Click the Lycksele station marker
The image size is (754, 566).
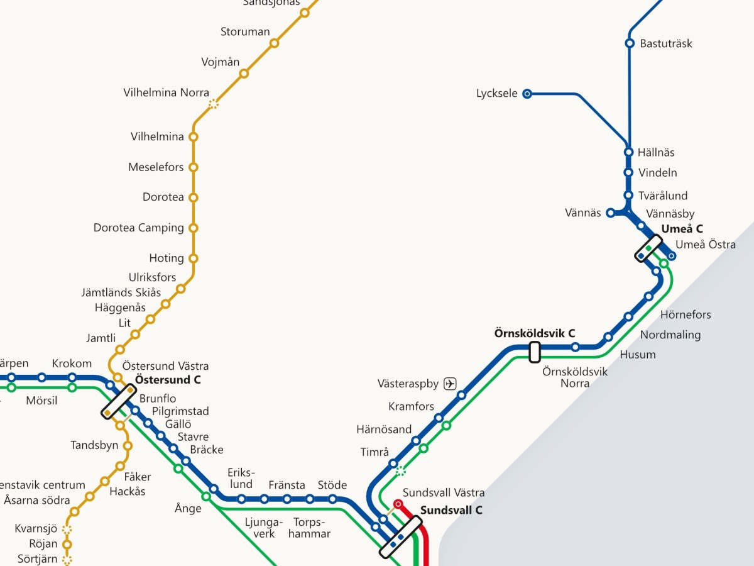click(x=527, y=94)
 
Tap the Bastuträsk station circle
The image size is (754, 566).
click(x=630, y=43)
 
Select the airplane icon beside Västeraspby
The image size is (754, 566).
click(x=450, y=384)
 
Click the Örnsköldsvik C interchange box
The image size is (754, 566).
click(x=535, y=352)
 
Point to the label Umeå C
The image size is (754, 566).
click(x=682, y=229)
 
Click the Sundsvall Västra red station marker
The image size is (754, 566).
click(x=398, y=504)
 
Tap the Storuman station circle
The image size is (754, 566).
click(x=275, y=43)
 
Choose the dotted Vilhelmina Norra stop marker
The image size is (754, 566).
click(x=214, y=104)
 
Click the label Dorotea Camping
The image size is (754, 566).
click(x=139, y=228)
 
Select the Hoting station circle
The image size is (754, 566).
click(x=194, y=258)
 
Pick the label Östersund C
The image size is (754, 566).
click(x=168, y=380)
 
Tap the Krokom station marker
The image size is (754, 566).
click(x=72, y=377)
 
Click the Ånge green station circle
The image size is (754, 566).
click(x=205, y=497)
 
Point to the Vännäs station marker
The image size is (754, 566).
click(x=610, y=213)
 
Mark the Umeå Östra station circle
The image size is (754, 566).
click(x=672, y=256)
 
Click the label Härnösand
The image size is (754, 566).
click(x=384, y=430)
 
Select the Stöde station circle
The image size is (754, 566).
click(x=332, y=499)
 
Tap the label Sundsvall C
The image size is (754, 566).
click(x=451, y=510)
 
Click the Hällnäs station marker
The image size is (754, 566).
click(x=628, y=152)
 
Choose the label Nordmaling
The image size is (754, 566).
click(x=670, y=335)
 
